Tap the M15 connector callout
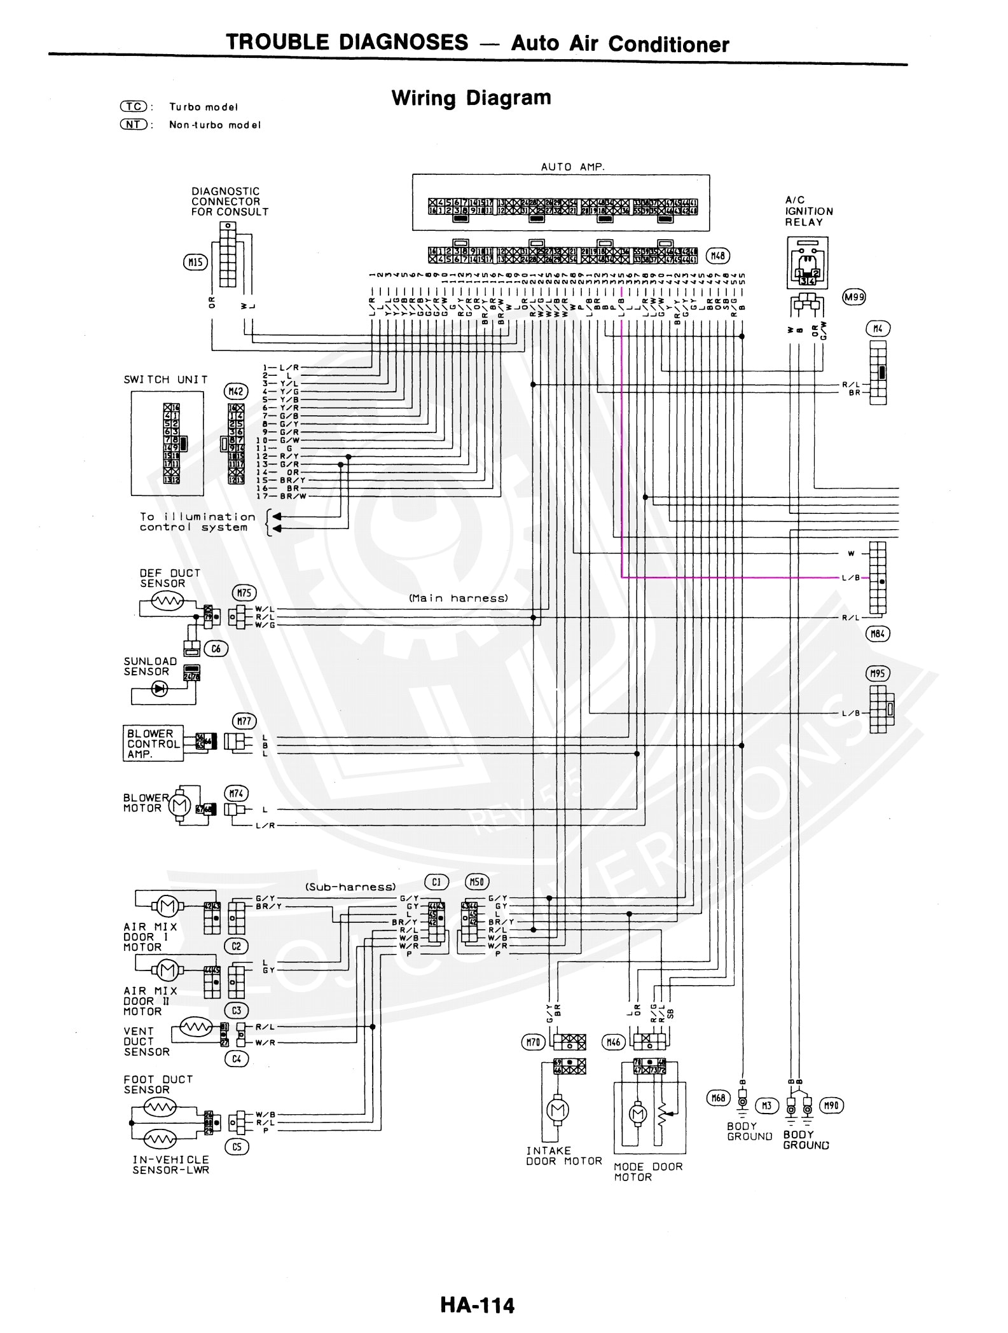[x=195, y=261]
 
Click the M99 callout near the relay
[x=853, y=296]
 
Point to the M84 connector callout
[x=878, y=633]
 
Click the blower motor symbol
[x=178, y=806]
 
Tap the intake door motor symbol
[x=558, y=1110]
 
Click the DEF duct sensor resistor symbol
[x=167, y=600]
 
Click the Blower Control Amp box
[x=153, y=743]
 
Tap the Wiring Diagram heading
[x=471, y=98]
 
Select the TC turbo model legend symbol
[x=134, y=106]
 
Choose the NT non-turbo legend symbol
[x=134, y=125]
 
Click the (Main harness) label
[x=458, y=598]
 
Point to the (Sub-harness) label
[x=350, y=887]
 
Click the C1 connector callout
[x=436, y=882]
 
